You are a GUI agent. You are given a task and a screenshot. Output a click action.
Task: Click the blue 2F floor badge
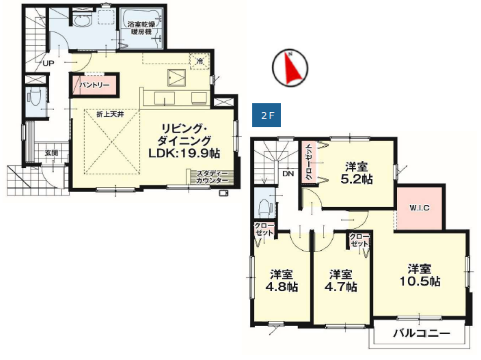[x=266, y=115]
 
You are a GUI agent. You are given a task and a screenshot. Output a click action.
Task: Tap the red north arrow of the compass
[x=293, y=68]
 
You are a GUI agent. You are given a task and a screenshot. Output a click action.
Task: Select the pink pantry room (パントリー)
[x=94, y=85]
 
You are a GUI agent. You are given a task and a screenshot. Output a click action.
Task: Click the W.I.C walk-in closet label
[x=419, y=208]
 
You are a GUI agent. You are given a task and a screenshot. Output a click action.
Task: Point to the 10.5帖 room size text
[x=420, y=282]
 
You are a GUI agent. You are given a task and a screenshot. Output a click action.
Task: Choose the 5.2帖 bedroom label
[x=357, y=179]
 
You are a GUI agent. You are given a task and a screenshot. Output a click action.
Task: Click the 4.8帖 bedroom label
[x=282, y=287]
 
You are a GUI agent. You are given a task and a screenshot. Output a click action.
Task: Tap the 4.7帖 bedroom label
[x=341, y=287]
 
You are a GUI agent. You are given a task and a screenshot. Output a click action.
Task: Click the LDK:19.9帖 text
[x=184, y=153]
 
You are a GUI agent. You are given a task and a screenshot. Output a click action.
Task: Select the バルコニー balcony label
[x=421, y=334]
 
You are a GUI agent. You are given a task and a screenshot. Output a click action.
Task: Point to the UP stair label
[x=49, y=63]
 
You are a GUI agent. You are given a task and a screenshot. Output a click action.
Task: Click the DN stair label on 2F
[x=288, y=173]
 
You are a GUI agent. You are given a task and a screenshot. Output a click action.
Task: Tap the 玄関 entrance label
[x=52, y=153]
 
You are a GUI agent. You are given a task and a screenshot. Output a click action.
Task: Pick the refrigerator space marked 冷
[x=200, y=61]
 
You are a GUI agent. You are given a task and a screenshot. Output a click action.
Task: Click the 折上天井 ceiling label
[x=111, y=114]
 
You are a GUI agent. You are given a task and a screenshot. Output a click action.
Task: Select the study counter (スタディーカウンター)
[x=210, y=177]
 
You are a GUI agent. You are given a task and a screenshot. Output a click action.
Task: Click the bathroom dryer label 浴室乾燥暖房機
[x=141, y=28]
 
